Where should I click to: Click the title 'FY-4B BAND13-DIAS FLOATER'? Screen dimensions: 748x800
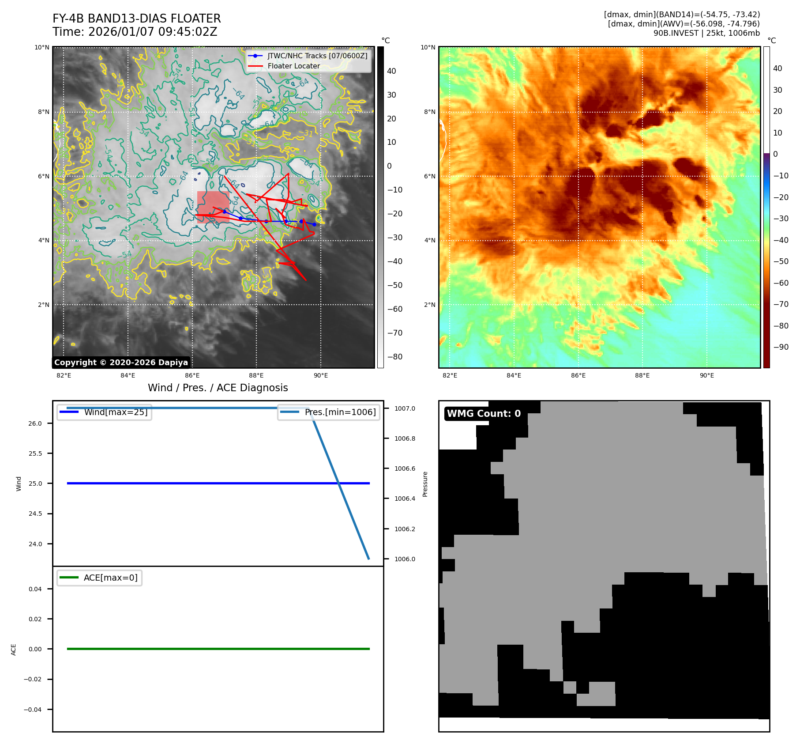(x=136, y=19)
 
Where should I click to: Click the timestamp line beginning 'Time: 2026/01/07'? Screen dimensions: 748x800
(x=135, y=32)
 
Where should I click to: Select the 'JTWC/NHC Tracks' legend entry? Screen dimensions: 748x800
(x=317, y=56)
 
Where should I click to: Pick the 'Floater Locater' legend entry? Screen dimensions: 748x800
(x=293, y=66)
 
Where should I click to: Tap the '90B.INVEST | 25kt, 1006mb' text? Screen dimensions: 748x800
(x=706, y=33)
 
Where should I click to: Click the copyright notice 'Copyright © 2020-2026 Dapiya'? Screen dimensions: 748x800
(x=121, y=363)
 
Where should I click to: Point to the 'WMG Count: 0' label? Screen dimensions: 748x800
(x=484, y=414)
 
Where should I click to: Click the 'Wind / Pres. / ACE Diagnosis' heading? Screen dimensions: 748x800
(x=218, y=388)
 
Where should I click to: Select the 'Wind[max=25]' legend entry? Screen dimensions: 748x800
(x=116, y=412)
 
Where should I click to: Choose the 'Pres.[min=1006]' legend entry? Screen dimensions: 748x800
(x=340, y=412)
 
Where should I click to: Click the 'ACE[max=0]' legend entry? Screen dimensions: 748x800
(x=110, y=578)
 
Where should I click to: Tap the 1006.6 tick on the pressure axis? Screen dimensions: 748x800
(x=405, y=468)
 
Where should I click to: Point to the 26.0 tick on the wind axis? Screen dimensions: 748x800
(x=35, y=423)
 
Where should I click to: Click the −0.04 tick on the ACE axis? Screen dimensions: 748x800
(x=33, y=710)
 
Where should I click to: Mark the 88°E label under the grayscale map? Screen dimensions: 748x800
(x=256, y=375)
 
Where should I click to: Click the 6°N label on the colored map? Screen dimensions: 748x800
(x=430, y=176)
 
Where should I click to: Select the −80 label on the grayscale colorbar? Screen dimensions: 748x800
(x=394, y=357)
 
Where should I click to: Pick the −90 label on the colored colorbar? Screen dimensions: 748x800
(x=781, y=347)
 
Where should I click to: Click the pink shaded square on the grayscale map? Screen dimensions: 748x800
(x=213, y=207)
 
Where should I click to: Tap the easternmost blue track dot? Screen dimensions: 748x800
(x=314, y=225)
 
